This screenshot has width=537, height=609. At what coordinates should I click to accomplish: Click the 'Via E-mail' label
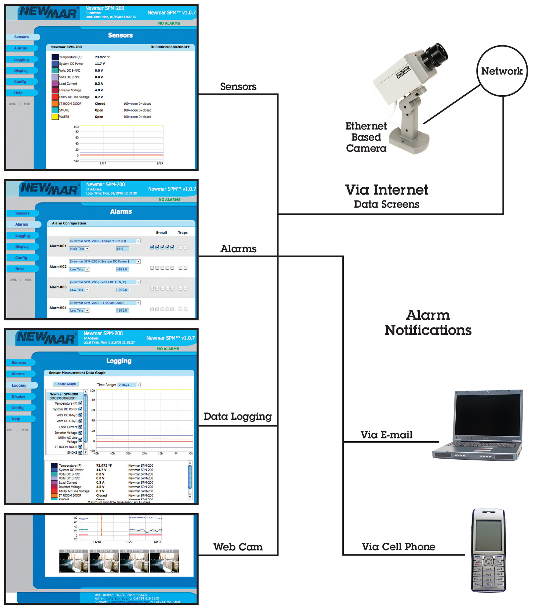(x=386, y=435)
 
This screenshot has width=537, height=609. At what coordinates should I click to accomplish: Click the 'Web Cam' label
(x=238, y=547)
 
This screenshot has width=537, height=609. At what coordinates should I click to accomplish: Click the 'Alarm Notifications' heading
(x=428, y=322)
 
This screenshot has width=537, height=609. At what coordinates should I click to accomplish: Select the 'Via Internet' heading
(x=386, y=190)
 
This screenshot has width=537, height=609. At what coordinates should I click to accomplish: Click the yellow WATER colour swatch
(x=55, y=117)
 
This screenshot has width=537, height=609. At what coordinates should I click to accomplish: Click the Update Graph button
(x=66, y=384)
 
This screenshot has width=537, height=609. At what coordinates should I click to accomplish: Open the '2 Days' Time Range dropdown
(x=129, y=385)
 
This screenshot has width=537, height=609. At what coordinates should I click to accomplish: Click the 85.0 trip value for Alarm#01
(x=122, y=248)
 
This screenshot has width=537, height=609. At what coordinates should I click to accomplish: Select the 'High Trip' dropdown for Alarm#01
(x=79, y=248)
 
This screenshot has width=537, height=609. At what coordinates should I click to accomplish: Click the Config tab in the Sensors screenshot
(x=20, y=82)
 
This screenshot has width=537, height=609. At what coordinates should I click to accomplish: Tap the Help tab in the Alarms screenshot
(x=20, y=269)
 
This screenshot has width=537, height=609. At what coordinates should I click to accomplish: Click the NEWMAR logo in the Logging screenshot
(x=46, y=338)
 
